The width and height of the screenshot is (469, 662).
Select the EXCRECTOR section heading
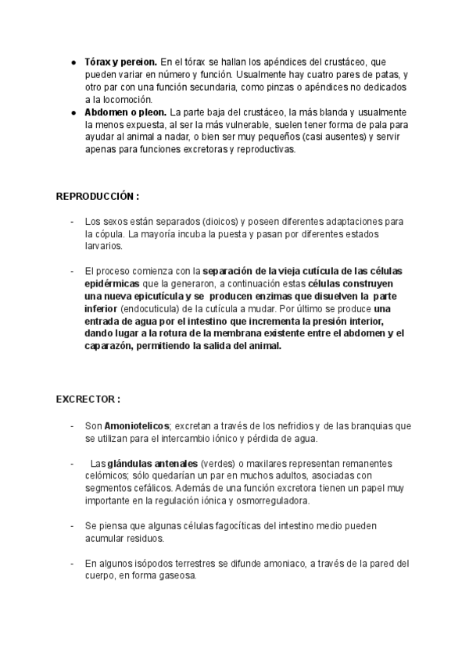[88, 399]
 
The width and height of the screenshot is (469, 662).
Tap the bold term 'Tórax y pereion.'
[121, 61]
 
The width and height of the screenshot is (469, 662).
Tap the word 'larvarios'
[103, 246]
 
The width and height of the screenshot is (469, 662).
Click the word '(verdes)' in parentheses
[217, 463]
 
